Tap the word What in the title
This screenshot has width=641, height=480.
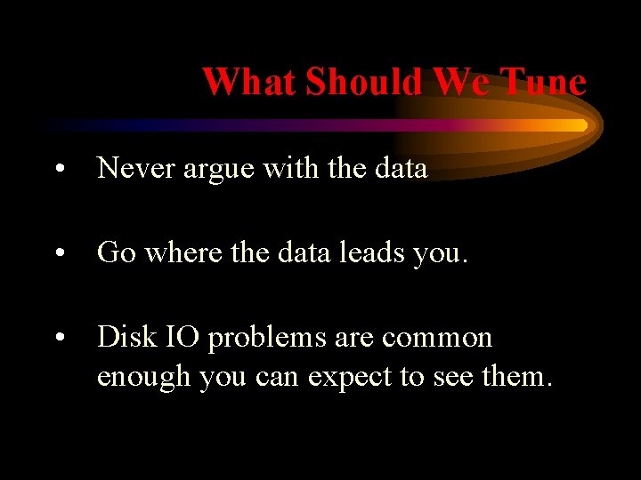(248, 83)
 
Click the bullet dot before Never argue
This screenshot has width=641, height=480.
(59, 169)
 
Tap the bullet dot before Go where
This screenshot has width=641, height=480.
(59, 254)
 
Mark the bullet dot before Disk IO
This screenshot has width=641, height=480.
(59, 339)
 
